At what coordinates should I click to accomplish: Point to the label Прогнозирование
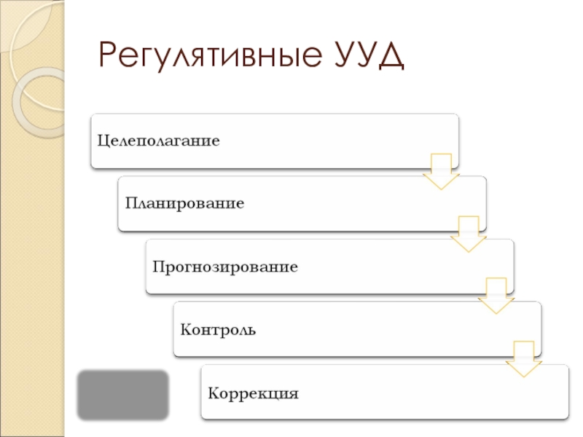pos(225,267)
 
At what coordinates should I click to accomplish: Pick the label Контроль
pos(218,330)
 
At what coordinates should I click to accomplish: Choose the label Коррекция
pos(254,394)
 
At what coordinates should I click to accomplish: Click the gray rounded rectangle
pos(123,394)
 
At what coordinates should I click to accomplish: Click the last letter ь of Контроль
pos(251,330)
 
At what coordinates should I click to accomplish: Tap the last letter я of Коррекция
pos(294,394)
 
